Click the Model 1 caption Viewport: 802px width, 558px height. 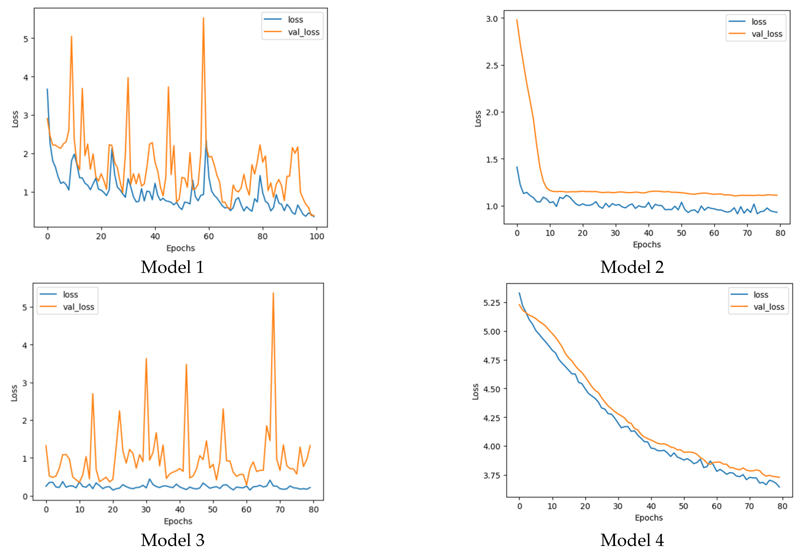[172, 267]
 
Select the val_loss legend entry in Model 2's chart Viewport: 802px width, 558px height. [767, 34]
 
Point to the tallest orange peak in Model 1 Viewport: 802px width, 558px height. [203, 18]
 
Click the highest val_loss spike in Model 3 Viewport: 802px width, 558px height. [273, 293]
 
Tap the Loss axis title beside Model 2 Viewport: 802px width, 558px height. [478, 119]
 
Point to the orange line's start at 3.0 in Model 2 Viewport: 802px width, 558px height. [517, 20]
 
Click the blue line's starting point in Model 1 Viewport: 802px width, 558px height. [47, 89]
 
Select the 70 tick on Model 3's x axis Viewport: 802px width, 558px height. [280, 510]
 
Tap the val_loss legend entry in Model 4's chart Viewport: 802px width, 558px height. [768, 307]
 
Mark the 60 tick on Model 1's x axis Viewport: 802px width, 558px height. [209, 236]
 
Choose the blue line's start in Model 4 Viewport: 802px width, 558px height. [519, 293]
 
